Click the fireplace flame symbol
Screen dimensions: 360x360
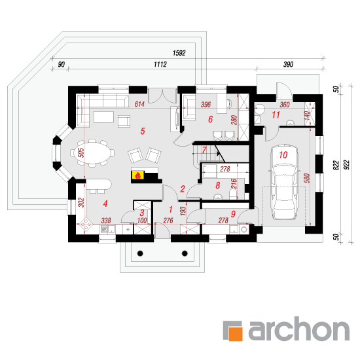[137, 175]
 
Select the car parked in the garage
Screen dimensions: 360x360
[284, 182]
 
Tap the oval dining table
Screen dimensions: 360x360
[92, 153]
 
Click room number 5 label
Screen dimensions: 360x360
[143, 131]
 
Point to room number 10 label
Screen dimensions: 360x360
[283, 155]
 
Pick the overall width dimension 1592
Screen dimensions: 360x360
[179, 53]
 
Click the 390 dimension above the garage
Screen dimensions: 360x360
[288, 65]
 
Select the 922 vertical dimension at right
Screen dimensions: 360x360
[347, 164]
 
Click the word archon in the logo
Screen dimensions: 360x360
[299, 329]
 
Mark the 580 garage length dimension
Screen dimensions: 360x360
[307, 178]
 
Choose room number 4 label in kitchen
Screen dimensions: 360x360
[105, 204]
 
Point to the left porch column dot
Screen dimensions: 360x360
[140, 253]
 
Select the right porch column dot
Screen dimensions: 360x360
[185, 253]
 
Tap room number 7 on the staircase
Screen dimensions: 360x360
[204, 150]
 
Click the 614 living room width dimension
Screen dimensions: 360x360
[139, 104]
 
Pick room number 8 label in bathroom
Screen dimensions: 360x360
[218, 185]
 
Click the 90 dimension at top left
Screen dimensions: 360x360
[61, 65]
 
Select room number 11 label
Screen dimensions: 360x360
[276, 115]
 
